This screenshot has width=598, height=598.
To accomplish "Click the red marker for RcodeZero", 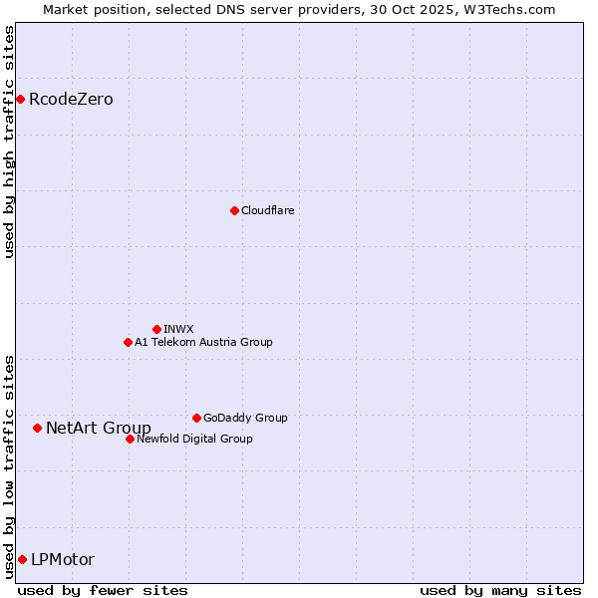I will [20, 99].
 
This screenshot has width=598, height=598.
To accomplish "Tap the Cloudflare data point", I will [234, 210].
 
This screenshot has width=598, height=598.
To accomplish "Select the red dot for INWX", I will [156, 329].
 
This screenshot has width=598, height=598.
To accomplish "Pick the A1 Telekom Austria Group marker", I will [128, 342].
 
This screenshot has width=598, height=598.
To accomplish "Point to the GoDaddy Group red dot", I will [196, 418].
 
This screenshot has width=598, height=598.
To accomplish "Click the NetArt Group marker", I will [37, 428].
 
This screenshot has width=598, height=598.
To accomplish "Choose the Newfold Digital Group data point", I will [130, 439].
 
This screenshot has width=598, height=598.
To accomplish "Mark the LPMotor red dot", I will [22, 559].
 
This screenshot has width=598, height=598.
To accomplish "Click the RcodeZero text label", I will [71, 99].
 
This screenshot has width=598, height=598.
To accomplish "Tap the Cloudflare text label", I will [267, 210].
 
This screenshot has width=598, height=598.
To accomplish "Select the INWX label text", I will [178, 329].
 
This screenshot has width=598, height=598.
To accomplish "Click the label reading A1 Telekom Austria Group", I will [203, 342].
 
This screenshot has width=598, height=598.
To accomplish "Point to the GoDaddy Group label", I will [245, 418].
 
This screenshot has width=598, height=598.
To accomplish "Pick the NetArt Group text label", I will [99, 428].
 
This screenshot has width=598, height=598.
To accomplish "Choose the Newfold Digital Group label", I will [194, 439].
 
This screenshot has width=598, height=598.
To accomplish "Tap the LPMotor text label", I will [63, 559].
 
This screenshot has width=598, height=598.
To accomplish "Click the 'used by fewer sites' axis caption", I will [103, 590].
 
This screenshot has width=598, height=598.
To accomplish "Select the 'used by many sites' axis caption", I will [499, 590].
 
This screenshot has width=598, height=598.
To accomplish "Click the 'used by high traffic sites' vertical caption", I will [10, 142].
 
